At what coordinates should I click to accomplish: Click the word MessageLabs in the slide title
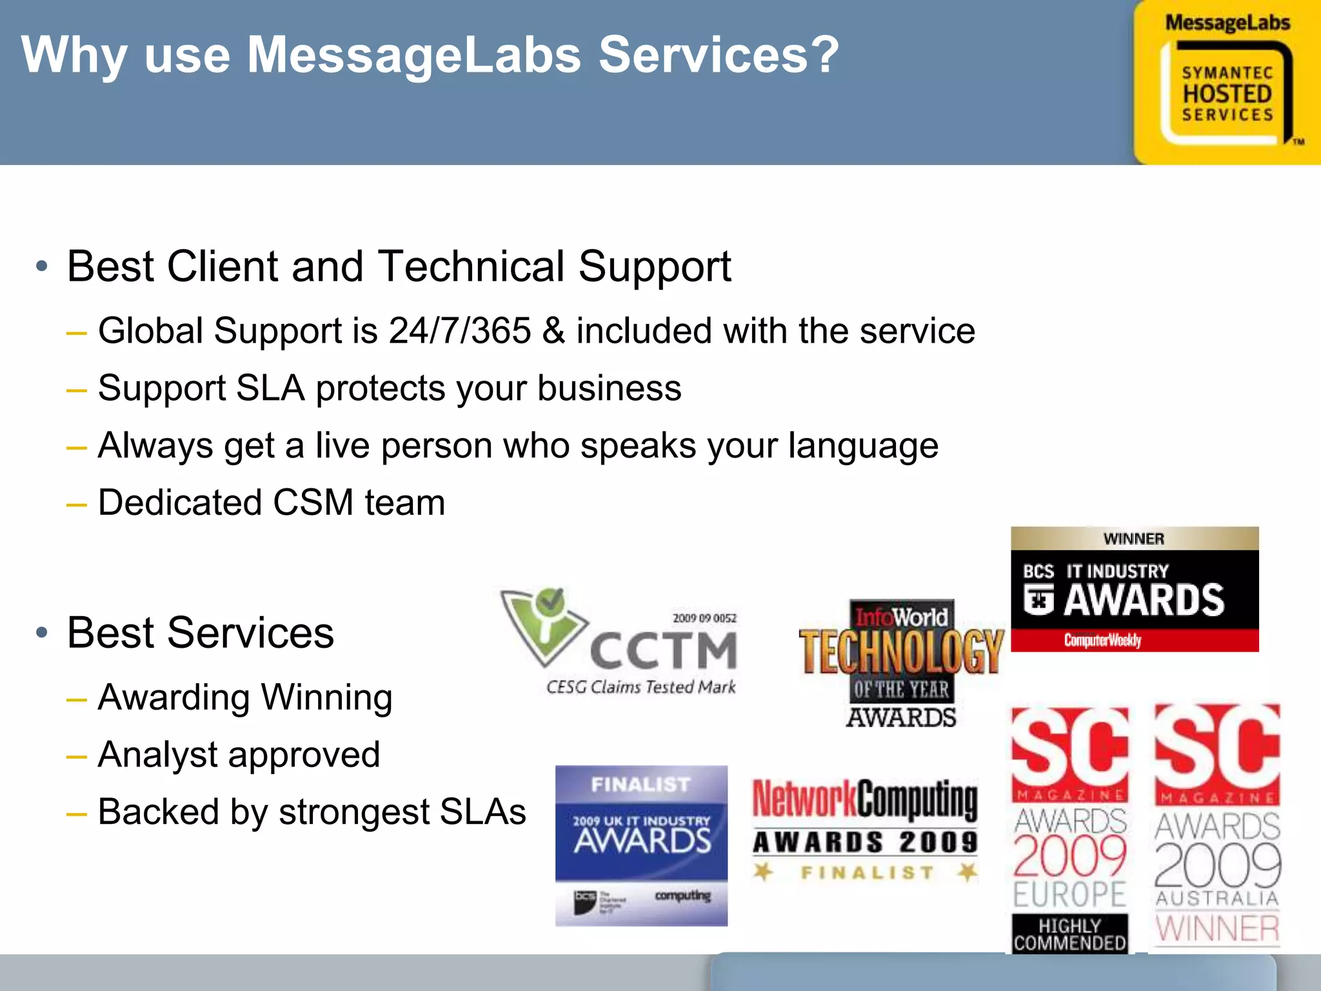tap(413, 55)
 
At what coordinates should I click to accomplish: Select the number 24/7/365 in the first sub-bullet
tap(459, 331)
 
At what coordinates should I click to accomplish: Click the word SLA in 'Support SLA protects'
tap(270, 388)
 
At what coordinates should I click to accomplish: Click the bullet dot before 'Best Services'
tap(42, 633)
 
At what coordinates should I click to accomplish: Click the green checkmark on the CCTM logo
tap(550, 602)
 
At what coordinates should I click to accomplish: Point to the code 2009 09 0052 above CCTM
tap(704, 618)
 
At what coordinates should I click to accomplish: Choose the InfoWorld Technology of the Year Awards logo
tap(901, 664)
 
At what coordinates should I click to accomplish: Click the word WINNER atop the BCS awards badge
tap(1134, 539)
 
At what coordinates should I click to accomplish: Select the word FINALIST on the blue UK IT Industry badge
tap(641, 785)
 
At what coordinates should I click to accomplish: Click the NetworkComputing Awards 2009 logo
tap(865, 829)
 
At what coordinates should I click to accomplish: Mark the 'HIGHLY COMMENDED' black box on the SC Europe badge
tap(1069, 934)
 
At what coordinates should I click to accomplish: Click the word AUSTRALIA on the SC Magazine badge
tap(1217, 898)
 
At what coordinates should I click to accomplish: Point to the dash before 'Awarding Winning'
tap(76, 699)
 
